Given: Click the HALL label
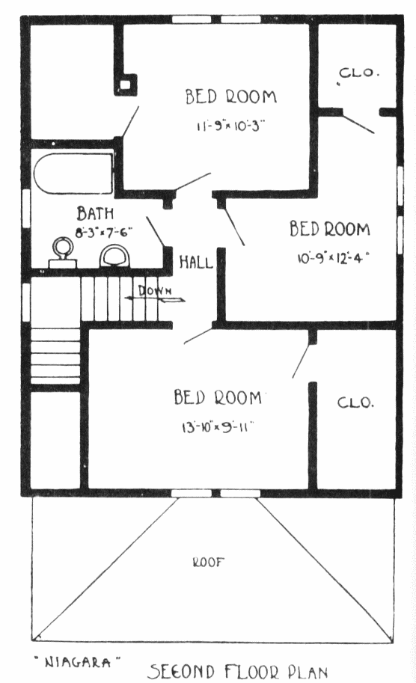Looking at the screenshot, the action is (196, 263).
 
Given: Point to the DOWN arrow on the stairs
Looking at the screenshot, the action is (155, 298).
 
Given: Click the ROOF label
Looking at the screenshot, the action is (208, 563).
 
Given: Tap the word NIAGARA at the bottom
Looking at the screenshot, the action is (78, 663).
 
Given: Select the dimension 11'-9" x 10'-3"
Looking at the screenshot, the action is (230, 126).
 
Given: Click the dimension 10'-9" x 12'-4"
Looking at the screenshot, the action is (333, 258).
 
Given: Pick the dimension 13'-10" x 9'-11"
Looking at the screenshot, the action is (218, 427).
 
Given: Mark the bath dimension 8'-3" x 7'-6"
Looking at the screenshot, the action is (104, 232).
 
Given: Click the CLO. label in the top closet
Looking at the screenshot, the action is (358, 73).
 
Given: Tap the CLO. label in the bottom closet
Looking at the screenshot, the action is (355, 402).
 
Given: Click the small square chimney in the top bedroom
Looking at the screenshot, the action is (126, 85).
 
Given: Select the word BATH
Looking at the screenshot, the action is (95, 213).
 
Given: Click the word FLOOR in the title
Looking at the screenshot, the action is (251, 672).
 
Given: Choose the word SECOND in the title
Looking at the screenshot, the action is (182, 671).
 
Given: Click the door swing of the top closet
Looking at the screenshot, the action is (358, 123).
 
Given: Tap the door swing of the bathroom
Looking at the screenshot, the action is (155, 232).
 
